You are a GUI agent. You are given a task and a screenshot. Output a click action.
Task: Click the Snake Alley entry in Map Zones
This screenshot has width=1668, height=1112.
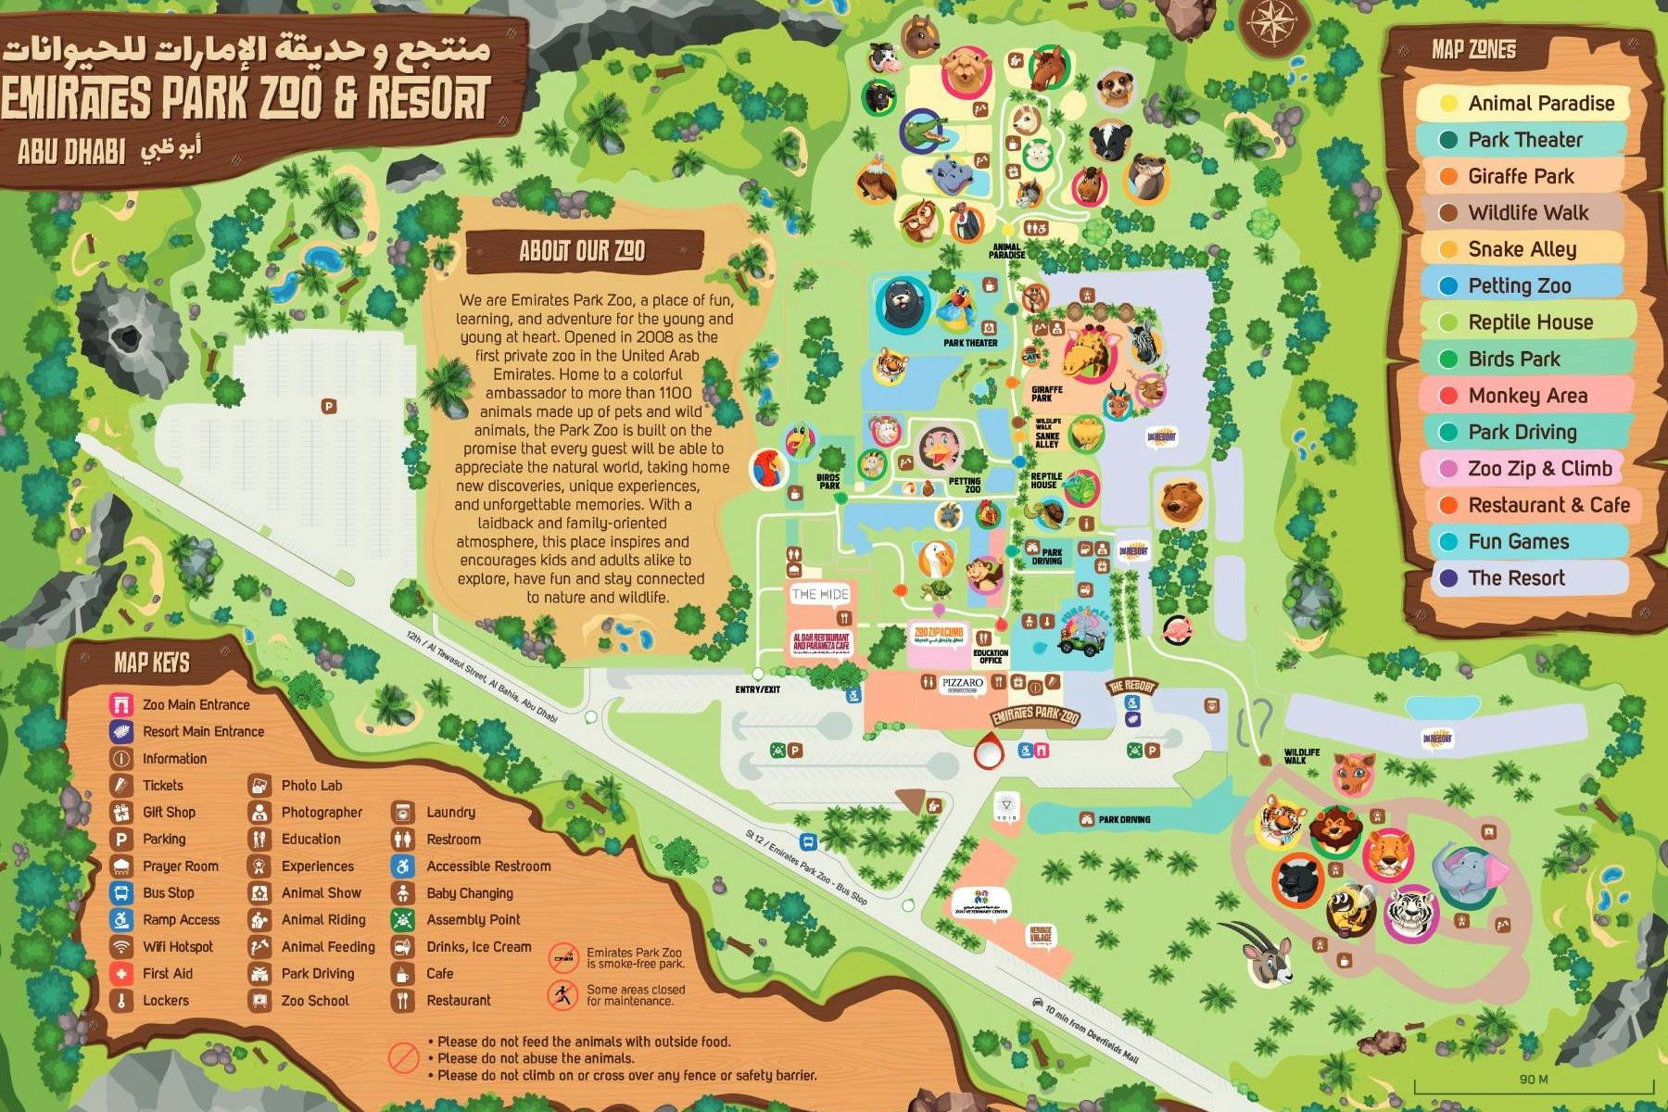point(1521,249)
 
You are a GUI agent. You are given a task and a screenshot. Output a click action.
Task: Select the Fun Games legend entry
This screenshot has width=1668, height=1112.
point(1518,541)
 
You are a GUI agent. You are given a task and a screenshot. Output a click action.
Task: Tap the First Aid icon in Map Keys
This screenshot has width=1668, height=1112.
point(121,974)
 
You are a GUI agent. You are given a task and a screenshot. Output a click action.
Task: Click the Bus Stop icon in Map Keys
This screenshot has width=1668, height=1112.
point(121,893)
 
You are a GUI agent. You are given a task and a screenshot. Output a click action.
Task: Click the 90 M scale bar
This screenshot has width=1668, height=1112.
point(1534,1085)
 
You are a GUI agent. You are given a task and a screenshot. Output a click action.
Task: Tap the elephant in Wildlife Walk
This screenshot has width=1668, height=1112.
point(1469,873)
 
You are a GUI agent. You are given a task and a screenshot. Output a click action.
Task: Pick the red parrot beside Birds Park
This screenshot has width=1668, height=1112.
point(768,469)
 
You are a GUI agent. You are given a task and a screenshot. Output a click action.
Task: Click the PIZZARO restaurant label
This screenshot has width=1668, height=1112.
point(962,684)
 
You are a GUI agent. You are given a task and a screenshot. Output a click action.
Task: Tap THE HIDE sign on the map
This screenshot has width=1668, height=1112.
point(820,594)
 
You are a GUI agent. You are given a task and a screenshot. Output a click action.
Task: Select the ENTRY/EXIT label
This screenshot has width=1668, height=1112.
point(757,689)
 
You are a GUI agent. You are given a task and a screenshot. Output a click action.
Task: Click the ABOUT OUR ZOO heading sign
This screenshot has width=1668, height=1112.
point(583,251)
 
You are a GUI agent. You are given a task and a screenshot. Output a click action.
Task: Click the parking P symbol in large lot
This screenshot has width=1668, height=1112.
point(328,406)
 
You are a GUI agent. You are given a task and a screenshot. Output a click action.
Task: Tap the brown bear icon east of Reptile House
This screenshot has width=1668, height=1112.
point(1181,500)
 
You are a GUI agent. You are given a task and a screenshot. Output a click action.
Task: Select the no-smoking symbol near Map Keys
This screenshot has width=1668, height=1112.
point(563,957)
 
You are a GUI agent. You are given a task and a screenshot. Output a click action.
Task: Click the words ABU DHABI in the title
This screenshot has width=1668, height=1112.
point(72,151)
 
